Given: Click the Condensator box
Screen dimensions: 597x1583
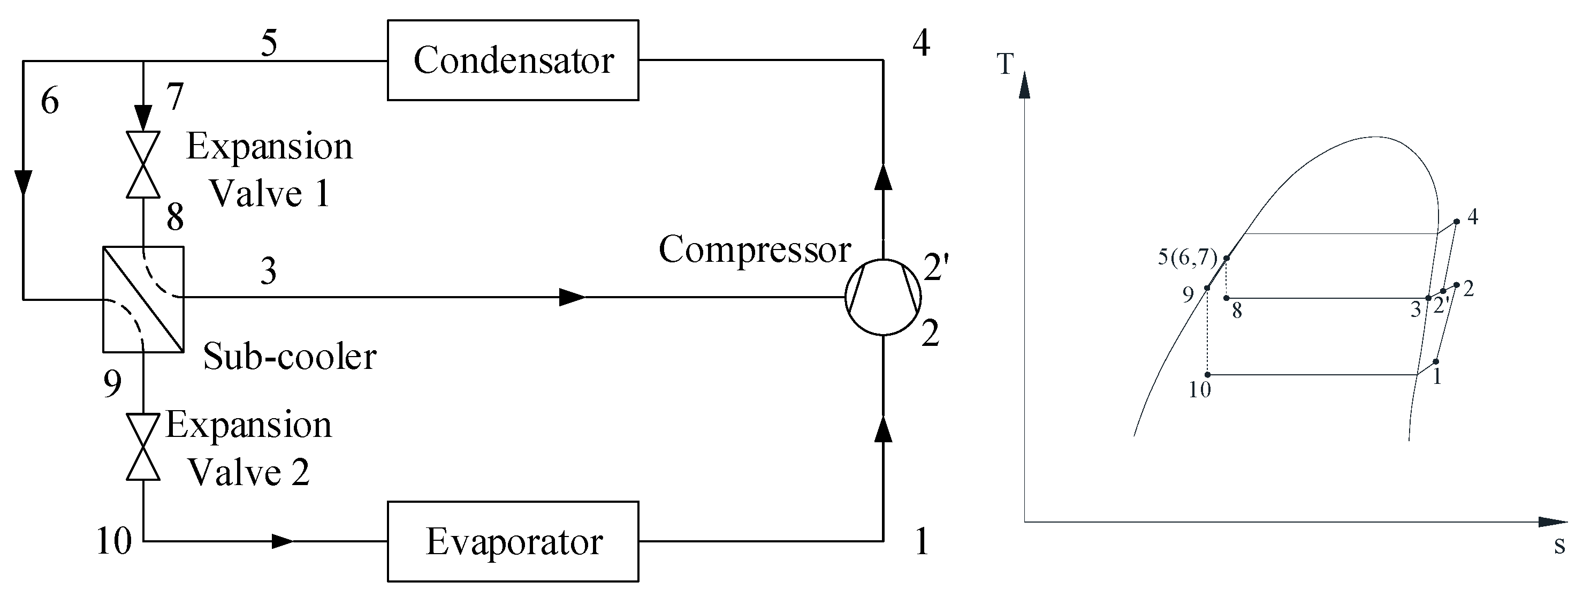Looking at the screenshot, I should click(x=513, y=61).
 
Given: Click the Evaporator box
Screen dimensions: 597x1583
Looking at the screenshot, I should click(x=513, y=542).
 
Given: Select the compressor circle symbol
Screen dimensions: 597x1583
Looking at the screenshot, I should click(x=883, y=297).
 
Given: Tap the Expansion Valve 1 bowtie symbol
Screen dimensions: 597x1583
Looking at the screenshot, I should click(x=143, y=164).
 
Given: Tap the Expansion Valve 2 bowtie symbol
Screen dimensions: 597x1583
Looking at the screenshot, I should click(x=143, y=447).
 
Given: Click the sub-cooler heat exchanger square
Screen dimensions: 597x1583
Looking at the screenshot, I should click(x=143, y=299).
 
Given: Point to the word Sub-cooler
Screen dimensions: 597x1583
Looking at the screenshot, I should click(x=290, y=357).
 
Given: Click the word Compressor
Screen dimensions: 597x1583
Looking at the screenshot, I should click(x=755, y=250).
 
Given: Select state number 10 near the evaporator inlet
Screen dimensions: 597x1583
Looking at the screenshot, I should click(x=115, y=542).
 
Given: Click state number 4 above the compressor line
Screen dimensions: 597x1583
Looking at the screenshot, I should click(x=920, y=43).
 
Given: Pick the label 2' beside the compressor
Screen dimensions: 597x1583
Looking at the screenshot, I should click(x=936, y=268).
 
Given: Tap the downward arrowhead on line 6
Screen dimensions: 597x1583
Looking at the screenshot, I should click(x=24, y=182).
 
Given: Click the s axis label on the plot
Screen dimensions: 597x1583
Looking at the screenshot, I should click(x=1559, y=546).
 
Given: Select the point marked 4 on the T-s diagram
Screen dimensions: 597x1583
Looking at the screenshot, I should click(x=1456, y=221).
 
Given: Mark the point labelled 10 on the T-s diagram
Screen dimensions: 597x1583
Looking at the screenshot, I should click(x=1207, y=374).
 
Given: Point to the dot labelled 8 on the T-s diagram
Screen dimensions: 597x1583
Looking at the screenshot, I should click(x=1227, y=298).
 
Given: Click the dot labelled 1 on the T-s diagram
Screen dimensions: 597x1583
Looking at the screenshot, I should click(x=1436, y=361).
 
